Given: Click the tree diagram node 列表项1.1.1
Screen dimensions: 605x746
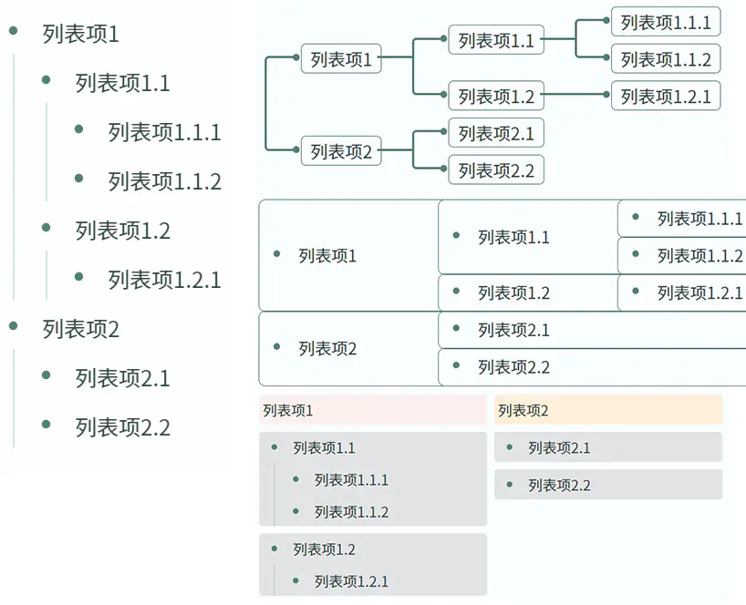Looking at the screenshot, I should [x=666, y=22].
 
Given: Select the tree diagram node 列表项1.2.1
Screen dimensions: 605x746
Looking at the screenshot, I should [x=666, y=96].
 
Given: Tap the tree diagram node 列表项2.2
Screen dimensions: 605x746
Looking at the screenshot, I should [x=496, y=169].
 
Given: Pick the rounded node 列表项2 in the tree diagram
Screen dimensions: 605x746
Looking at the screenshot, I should [x=341, y=151].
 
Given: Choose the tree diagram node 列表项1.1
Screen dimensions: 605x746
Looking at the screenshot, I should [x=496, y=40].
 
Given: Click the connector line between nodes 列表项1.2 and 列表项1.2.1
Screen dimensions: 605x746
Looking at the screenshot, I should [x=576, y=95].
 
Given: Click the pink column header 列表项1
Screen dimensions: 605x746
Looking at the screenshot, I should [x=372, y=410].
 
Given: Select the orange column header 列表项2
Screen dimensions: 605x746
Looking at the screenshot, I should [x=608, y=410].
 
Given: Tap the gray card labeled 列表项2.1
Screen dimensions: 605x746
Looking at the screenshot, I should [x=608, y=447].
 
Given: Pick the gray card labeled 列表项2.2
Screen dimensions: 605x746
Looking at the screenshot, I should [x=608, y=485].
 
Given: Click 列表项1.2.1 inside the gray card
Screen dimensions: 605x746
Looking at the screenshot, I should [x=351, y=581].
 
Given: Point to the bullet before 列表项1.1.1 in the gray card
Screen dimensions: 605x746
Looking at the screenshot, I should [x=295, y=479].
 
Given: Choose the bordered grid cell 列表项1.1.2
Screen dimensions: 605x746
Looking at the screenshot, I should [x=682, y=256].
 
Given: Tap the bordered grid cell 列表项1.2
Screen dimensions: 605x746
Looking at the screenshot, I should [x=528, y=292].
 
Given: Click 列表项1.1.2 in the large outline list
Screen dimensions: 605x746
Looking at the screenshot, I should [x=164, y=181].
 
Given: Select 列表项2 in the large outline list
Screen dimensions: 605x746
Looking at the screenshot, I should [x=80, y=329].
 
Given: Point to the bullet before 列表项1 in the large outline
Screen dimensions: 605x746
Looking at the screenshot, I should [x=13, y=32].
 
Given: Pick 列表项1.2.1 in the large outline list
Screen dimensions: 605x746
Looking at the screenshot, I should [x=164, y=280].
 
